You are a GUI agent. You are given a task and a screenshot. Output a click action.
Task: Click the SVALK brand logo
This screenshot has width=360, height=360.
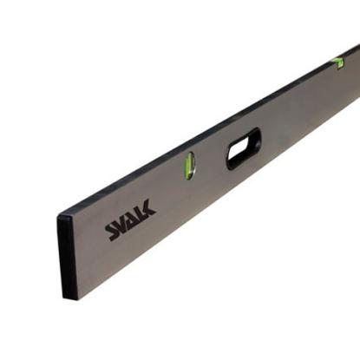131,220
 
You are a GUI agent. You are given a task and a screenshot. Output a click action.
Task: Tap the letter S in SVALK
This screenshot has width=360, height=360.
112,231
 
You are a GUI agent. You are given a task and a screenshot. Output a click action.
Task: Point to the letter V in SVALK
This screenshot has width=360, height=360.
122,224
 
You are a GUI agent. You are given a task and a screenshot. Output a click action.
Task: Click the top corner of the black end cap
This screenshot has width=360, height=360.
60,214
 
